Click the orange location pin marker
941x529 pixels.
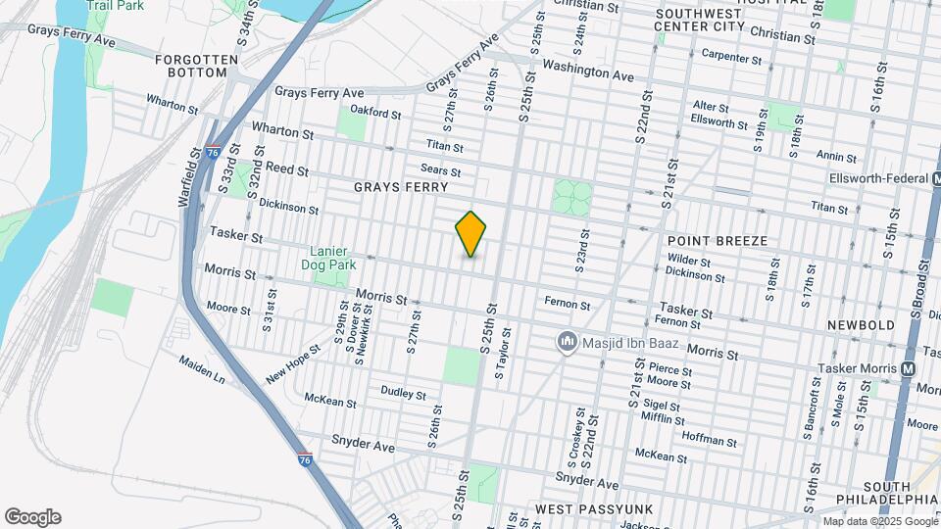pos(471,234)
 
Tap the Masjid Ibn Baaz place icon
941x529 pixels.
pos(566,342)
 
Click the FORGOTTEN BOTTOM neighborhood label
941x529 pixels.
pos(197,67)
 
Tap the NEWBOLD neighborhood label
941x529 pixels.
pos(861,325)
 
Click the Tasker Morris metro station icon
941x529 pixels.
pos(908,369)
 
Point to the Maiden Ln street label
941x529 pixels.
pos(202,369)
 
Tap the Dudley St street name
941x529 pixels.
pos(404,395)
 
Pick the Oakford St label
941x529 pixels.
pos(376,114)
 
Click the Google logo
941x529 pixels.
pos(32,517)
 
